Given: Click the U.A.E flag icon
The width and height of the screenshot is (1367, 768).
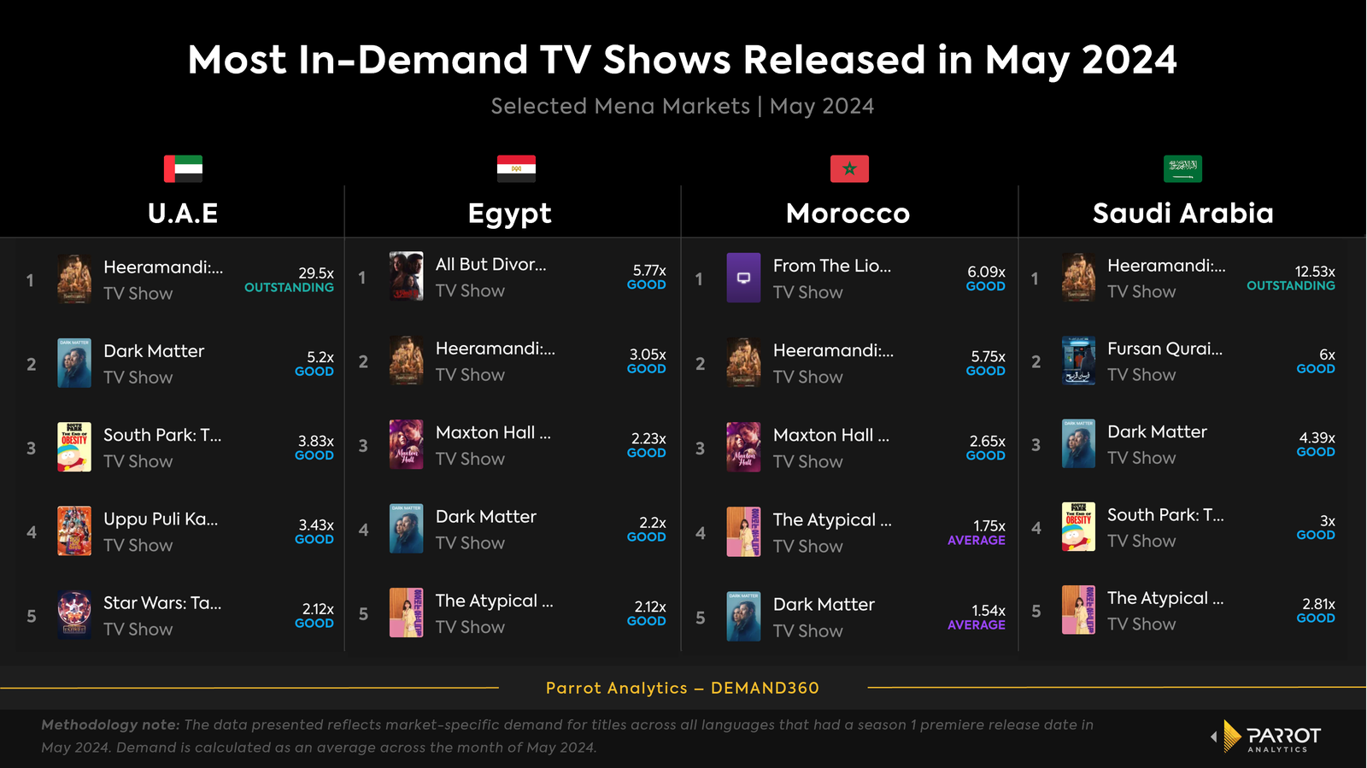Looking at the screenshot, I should click(x=183, y=168).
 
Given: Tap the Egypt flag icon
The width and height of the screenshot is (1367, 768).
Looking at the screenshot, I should click(x=516, y=168).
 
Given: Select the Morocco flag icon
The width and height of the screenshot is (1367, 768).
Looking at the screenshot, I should click(x=849, y=168).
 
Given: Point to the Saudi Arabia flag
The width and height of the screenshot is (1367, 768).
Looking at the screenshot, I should click(x=1182, y=168).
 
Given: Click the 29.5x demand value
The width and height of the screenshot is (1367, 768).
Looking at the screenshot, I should click(x=316, y=273).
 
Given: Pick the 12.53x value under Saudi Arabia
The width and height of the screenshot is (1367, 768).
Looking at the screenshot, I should click(x=1315, y=272).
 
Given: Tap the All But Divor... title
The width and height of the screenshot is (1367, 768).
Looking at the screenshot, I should click(x=490, y=265).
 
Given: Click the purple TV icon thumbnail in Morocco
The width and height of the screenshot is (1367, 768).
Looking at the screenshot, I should click(x=743, y=278).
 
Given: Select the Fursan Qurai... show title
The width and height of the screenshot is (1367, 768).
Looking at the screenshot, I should click(x=1165, y=349).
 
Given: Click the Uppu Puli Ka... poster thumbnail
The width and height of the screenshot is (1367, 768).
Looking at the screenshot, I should click(x=74, y=531).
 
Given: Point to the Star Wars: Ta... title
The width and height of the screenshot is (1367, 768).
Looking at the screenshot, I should click(x=162, y=603).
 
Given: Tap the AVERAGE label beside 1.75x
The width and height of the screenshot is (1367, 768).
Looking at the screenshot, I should click(x=976, y=541).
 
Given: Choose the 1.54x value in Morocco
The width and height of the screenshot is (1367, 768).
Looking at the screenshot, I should click(x=989, y=611).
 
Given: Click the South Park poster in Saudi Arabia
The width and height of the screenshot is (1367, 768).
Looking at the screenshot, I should click(x=1078, y=527).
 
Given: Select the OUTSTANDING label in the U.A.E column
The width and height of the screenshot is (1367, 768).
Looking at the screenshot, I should click(x=289, y=288).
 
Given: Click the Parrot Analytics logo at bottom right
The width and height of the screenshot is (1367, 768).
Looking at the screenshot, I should click(x=1268, y=736).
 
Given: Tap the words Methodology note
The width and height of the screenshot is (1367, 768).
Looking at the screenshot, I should click(x=110, y=724).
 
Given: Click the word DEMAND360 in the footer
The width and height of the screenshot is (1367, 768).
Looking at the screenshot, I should click(x=765, y=688).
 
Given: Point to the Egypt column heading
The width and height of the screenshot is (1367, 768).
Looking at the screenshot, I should click(x=509, y=213).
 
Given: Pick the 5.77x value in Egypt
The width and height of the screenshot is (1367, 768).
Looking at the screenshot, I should click(x=649, y=270).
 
